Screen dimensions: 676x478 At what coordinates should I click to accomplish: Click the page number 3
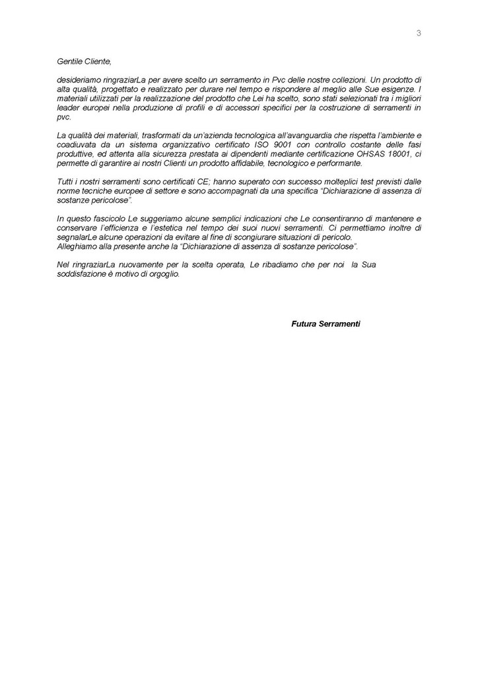point(419,34)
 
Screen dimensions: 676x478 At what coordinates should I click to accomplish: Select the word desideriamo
point(79,79)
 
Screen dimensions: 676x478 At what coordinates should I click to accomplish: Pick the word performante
point(339,163)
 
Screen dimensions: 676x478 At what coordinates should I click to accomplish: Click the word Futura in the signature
point(304,324)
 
